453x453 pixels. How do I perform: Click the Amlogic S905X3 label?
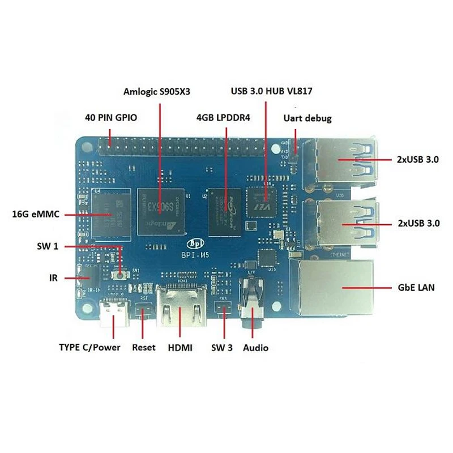click(160, 91)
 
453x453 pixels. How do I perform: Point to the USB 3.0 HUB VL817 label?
click(271, 91)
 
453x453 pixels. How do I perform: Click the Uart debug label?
click(307, 118)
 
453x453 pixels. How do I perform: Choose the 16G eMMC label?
click(36, 214)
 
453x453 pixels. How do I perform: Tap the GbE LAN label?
click(414, 288)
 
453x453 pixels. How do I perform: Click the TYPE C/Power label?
click(90, 347)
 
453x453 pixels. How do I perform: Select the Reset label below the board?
click(143, 347)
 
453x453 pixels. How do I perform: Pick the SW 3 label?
click(222, 347)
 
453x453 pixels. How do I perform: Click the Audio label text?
click(255, 347)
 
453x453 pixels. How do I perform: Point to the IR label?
click(53, 278)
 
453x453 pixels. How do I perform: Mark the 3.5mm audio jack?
click(250, 309)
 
